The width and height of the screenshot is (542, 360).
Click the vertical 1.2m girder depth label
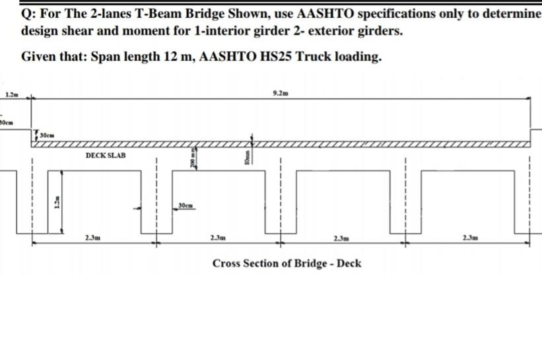click(56, 204)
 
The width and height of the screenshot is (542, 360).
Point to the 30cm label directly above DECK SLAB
click(47, 135)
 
